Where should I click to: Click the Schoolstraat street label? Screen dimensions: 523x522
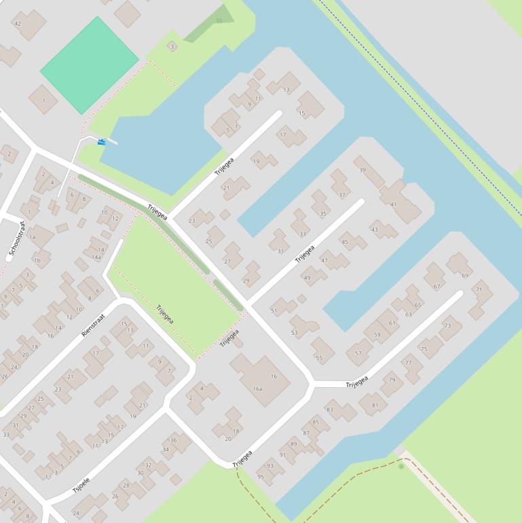coord(17,240)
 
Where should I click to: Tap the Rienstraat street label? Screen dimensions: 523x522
coord(93,325)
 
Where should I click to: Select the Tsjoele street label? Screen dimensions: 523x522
coord(81,485)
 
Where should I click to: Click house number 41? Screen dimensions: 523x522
coord(393,204)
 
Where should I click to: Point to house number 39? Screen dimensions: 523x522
coord(362,170)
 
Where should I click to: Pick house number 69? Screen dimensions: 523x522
coord(465,275)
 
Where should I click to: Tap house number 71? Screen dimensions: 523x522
coord(479,290)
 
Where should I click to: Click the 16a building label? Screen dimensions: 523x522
coord(257,389)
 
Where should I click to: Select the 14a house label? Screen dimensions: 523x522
coord(96,257)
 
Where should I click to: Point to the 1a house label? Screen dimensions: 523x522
coord(32,237)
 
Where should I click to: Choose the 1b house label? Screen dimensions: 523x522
coord(37,260)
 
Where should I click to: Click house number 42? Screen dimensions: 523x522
coord(18,24)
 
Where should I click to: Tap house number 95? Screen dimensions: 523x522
coord(261,477)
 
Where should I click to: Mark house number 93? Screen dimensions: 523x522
coord(270,465)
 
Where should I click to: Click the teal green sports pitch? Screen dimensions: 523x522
coord(90,65)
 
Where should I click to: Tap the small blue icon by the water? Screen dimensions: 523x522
coord(102,141)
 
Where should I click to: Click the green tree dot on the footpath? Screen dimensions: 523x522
coord(401,467)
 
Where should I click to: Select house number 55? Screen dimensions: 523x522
coord(319,358)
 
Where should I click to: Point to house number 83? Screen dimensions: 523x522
coord(330,410)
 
